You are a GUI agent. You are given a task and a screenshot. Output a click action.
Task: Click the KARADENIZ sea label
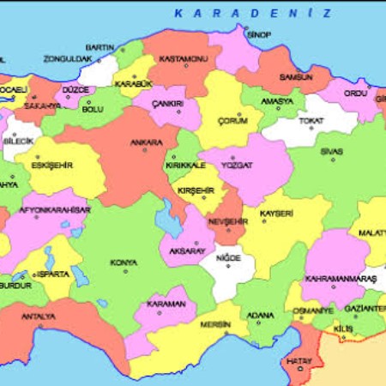pyautogui.click(x=252, y=13)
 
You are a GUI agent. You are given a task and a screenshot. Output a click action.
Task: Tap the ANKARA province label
pyautogui.click(x=145, y=142)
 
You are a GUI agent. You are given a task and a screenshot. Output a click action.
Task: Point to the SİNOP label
pyautogui.click(x=258, y=34)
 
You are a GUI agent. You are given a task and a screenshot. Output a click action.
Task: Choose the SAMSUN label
pyautogui.click(x=296, y=77)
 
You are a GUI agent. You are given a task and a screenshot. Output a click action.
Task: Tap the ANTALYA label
pyautogui.click(x=39, y=316)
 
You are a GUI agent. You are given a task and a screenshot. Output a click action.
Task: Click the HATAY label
pyautogui.click(x=299, y=362)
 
